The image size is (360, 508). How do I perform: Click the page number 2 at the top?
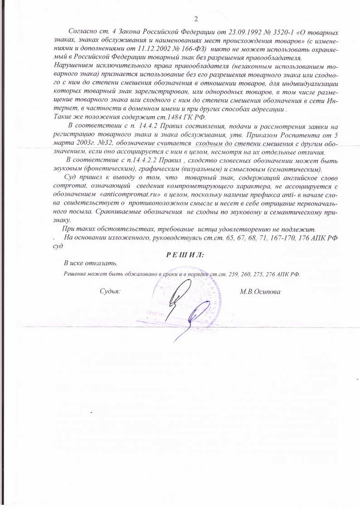(196, 19)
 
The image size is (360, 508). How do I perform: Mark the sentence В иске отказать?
(91, 263)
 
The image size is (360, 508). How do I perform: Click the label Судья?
(110, 291)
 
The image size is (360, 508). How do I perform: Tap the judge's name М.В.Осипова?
(260, 291)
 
